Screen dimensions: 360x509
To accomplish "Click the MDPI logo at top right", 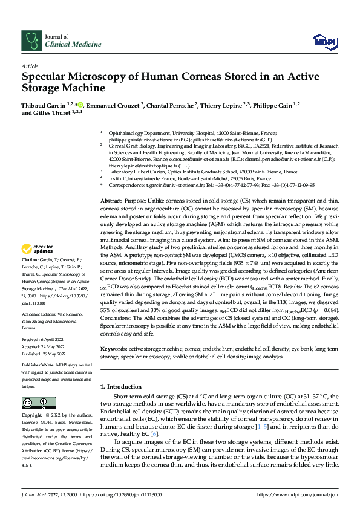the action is click(322, 41).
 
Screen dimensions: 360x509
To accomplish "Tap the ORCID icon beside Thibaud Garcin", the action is click(80, 105).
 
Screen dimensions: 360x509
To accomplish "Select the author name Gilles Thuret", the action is click(53, 113).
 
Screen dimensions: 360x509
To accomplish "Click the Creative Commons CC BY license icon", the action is click(38, 403).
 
